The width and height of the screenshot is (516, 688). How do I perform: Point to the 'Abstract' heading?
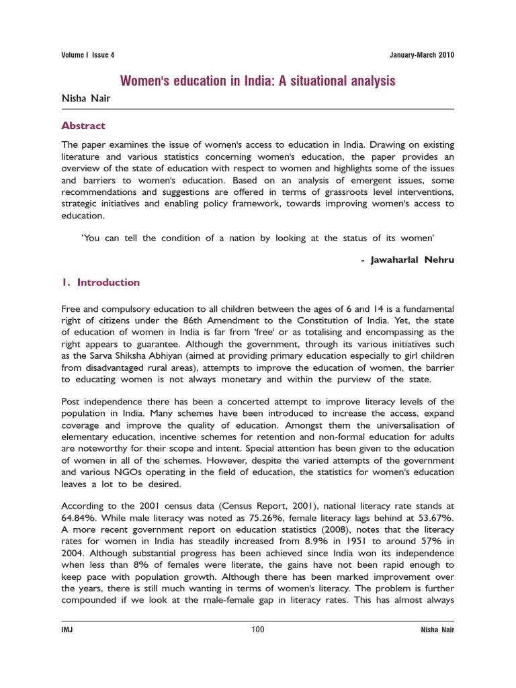pos(83,126)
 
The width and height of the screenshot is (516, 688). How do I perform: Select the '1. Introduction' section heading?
pos(101,282)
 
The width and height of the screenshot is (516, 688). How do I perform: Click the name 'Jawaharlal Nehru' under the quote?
pos(413,260)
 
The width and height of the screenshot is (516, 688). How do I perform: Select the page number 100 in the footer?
pos(258,630)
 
